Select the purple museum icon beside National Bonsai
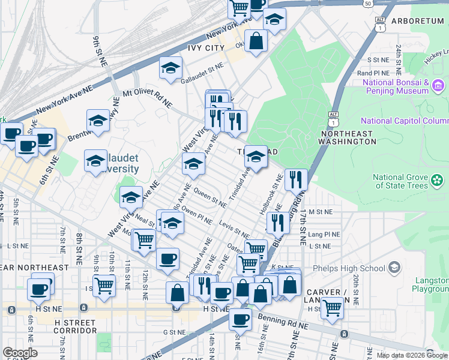pyautogui.click(x=438, y=88)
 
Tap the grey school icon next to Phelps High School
pyautogui.click(x=394, y=267)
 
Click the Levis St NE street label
pyautogui.click(x=234, y=228)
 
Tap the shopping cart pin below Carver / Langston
pyautogui.click(x=332, y=308)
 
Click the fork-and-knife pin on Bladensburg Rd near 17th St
pyautogui.click(x=296, y=179)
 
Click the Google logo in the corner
pyautogui.click(x=20, y=353)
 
